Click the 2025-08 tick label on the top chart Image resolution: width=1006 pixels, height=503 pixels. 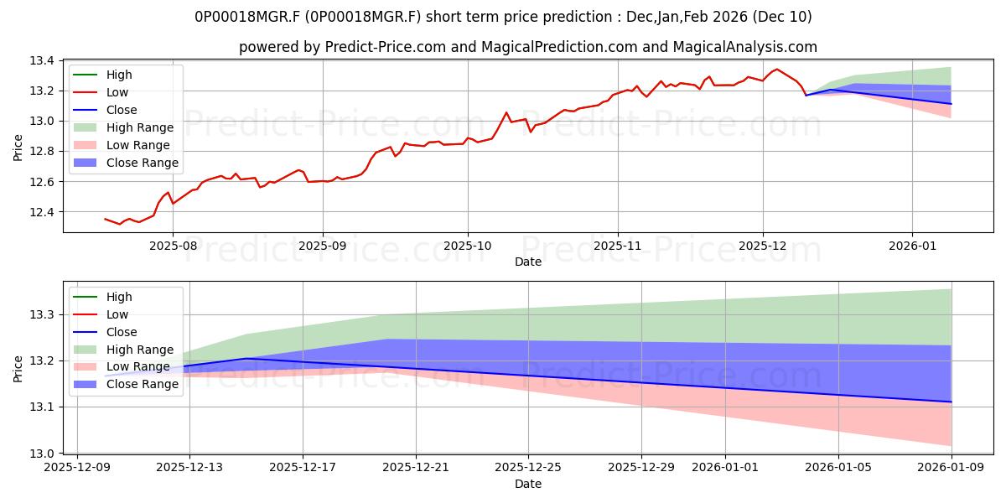point(173,246)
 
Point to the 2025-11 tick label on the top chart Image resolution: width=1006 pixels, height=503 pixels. point(618,246)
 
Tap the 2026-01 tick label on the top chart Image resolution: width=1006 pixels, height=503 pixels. point(912,246)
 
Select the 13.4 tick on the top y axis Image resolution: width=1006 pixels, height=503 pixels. point(43,61)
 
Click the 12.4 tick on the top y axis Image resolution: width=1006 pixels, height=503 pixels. point(43,212)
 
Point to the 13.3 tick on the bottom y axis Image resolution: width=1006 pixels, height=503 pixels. point(43,315)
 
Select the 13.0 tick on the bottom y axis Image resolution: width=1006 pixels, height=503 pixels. point(43,454)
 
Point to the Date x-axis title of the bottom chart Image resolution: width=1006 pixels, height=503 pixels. point(528,484)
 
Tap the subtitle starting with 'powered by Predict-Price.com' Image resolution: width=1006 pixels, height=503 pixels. point(528,47)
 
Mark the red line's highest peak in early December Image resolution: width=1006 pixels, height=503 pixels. point(776,69)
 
